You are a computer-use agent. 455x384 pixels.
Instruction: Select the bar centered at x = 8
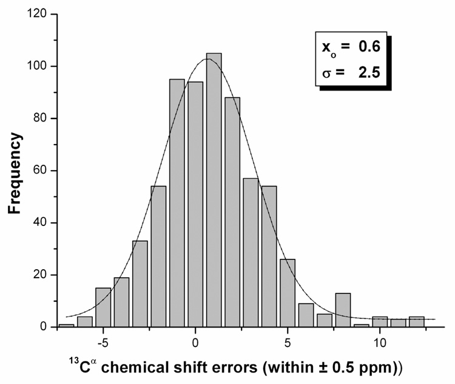343,310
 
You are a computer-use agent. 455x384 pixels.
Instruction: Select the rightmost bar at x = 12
417,321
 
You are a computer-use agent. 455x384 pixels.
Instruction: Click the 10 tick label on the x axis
380,341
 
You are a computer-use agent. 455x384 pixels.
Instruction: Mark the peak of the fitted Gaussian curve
207,59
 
